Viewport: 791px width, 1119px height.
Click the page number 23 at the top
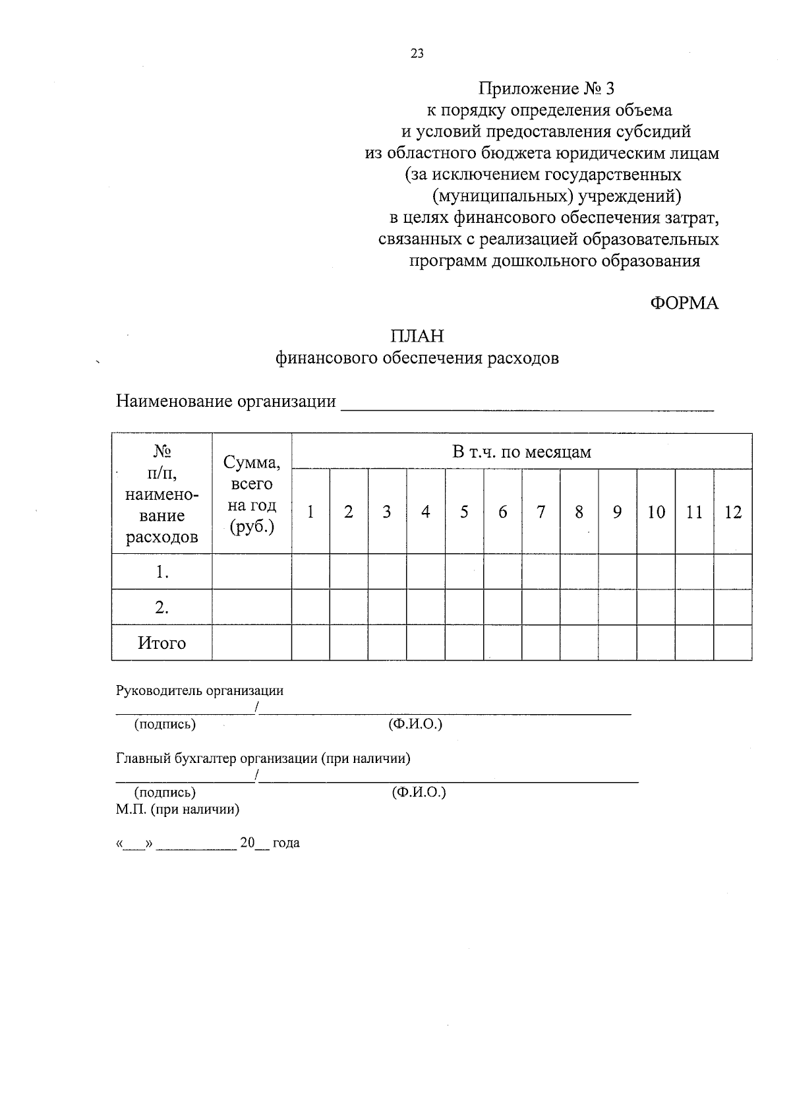417,54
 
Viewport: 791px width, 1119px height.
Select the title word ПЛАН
417,336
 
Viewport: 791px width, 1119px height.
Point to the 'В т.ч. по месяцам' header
521,452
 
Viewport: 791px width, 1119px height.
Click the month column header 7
541,512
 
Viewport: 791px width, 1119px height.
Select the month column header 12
732,512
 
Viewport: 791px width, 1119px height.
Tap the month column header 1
310,512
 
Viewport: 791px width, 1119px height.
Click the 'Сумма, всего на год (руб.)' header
252,493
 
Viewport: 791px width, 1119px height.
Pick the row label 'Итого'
161,643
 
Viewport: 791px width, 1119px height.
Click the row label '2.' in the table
161,607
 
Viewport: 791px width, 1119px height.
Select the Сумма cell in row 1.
252,572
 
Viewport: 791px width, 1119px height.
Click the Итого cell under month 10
656,643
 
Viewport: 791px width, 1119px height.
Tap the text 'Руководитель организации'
200,690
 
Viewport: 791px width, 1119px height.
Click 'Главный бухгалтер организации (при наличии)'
263,758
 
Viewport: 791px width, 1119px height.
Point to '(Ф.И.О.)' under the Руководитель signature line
415,724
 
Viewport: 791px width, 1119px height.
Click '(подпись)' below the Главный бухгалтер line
165,792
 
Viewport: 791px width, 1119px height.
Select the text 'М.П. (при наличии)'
177,809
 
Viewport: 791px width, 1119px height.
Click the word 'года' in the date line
285,843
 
